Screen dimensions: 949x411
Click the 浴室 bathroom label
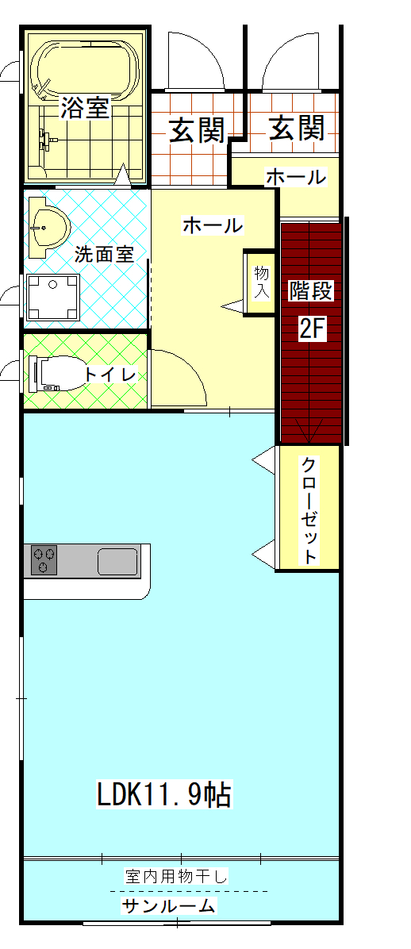click(x=85, y=107)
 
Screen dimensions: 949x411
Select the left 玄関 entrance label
click(x=196, y=129)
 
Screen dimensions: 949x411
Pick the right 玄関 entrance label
click(x=297, y=127)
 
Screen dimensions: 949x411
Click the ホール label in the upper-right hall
click(x=295, y=177)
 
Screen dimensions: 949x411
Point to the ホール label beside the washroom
click(x=213, y=225)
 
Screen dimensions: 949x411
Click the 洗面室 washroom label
click(x=104, y=255)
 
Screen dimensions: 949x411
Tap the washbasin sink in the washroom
click(x=47, y=227)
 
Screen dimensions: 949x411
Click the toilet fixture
click(x=57, y=373)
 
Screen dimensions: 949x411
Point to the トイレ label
click(x=111, y=374)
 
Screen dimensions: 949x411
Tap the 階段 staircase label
click(x=311, y=290)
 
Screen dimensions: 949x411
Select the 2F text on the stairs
click(x=312, y=327)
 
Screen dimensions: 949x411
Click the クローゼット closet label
click(x=309, y=510)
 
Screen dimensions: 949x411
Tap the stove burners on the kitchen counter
click(x=44, y=560)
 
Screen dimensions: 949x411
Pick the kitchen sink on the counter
click(x=117, y=561)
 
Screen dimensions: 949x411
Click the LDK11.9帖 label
click(x=164, y=793)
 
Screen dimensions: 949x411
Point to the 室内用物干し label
click(x=176, y=877)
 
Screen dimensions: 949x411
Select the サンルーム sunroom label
click(x=168, y=906)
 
